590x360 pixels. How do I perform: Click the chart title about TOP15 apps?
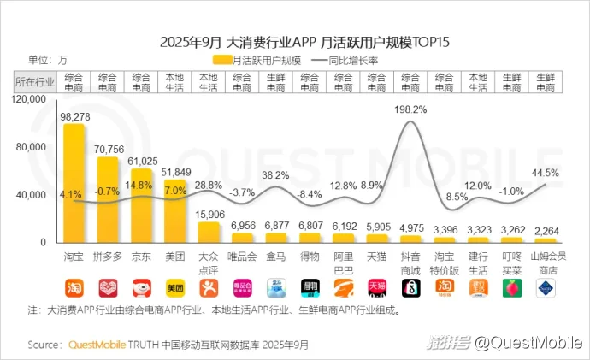click(x=294, y=40)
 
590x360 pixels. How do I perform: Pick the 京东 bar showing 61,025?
click(x=141, y=205)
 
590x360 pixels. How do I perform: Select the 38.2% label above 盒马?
click(x=275, y=174)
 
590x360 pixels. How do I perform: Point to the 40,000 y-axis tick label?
click(x=38, y=196)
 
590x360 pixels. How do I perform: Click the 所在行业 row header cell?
click(x=34, y=82)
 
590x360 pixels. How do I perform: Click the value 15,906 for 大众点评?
click(x=209, y=214)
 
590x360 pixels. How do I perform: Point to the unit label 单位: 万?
click(x=48, y=60)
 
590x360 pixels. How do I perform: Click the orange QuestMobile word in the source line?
click(x=97, y=345)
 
